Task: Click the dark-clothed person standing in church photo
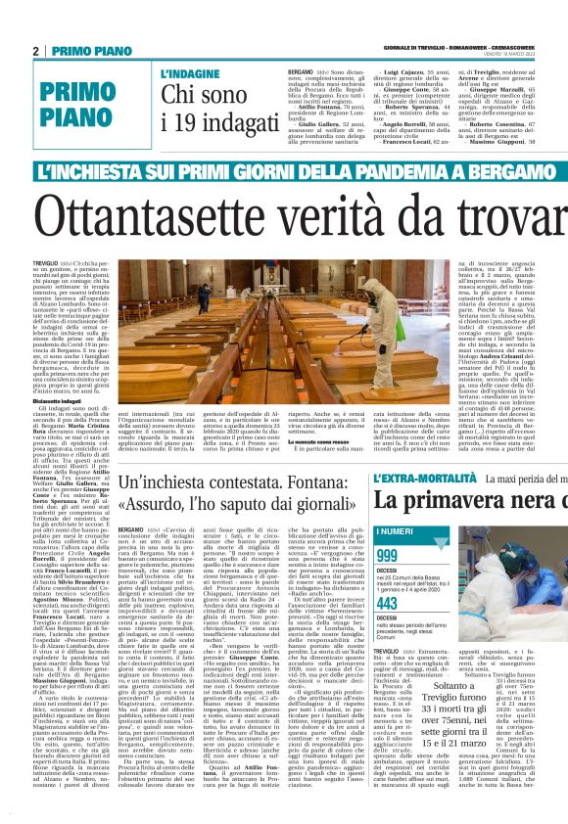[204, 298]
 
